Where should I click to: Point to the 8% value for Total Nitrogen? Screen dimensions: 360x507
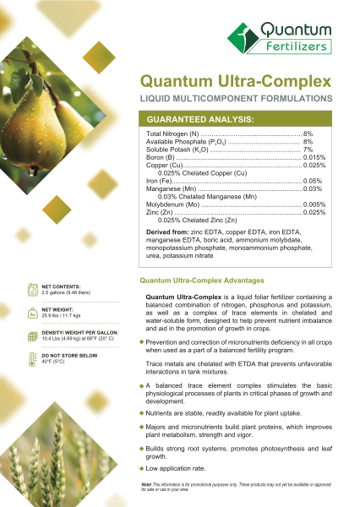[x=308, y=134]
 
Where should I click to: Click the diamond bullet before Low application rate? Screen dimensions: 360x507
[x=142, y=468]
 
